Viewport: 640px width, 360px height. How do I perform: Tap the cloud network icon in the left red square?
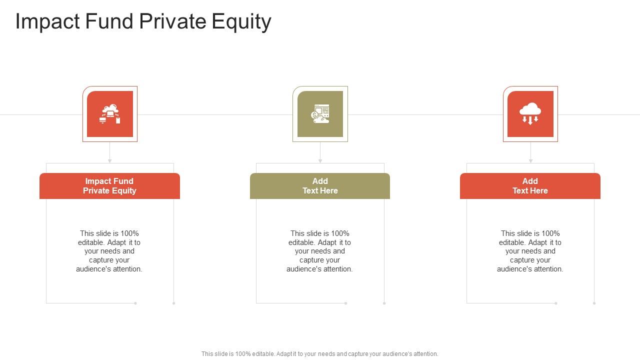pyautogui.click(x=110, y=114)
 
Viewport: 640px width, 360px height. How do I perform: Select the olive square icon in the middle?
pyautogui.click(x=320, y=114)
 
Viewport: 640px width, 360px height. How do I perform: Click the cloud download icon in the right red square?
pyautogui.click(x=530, y=114)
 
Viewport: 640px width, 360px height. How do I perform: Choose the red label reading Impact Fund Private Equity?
pyautogui.click(x=109, y=186)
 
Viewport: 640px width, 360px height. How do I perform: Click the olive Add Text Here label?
pyautogui.click(x=320, y=186)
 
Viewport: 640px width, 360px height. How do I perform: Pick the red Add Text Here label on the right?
pyautogui.click(x=530, y=186)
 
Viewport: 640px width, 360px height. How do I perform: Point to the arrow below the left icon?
pyautogui.click(x=110, y=160)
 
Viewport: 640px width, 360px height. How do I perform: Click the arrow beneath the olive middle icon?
pyautogui.click(x=320, y=160)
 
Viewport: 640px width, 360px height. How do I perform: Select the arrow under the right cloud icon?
pyautogui.click(x=530, y=160)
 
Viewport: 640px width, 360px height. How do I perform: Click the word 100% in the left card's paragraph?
pyautogui.click(x=129, y=233)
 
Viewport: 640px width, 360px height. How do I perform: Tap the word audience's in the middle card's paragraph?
pyautogui.click(x=303, y=269)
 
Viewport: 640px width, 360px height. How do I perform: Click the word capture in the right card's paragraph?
pyautogui.click(x=521, y=260)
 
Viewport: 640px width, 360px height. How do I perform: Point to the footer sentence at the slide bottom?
pyautogui.click(x=320, y=354)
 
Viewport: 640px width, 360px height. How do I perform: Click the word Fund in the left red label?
pyautogui.click(x=123, y=181)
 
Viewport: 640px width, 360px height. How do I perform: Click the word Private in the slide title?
pyautogui.click(x=173, y=22)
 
